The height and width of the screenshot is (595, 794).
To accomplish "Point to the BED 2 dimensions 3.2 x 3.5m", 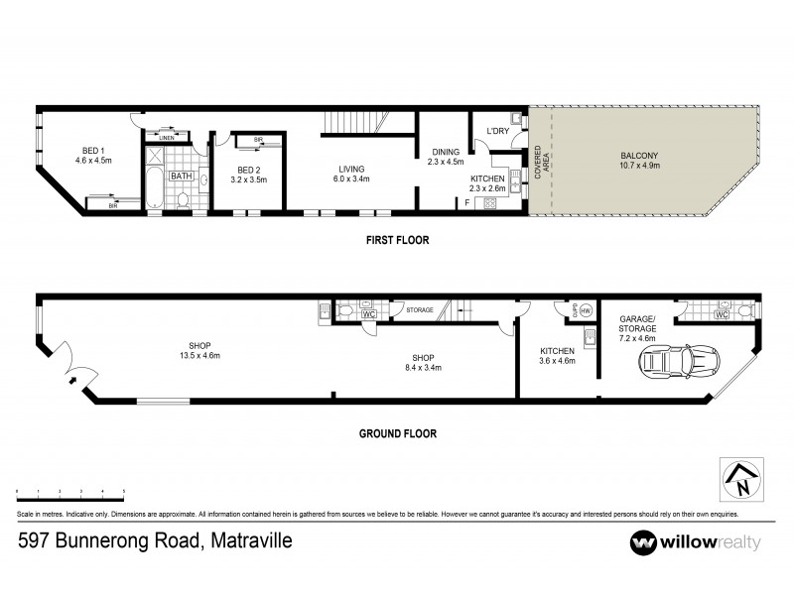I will pos(250,180).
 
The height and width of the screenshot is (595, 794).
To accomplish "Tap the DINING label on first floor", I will pos(443,152).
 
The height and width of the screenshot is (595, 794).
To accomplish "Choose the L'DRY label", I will pos(497,131).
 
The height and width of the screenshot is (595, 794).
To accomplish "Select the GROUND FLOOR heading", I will pos(396,433).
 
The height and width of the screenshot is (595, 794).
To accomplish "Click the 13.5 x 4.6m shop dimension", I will pos(198,356).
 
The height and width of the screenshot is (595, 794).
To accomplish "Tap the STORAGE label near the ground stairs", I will pos(420,310).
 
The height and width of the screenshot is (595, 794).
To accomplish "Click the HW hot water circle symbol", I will pos(585,310).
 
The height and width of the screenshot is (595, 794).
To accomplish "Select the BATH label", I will pos(181,177).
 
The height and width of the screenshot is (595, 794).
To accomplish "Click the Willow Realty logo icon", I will pos(645,542).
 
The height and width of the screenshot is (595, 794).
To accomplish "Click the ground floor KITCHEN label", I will pos(556,351).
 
